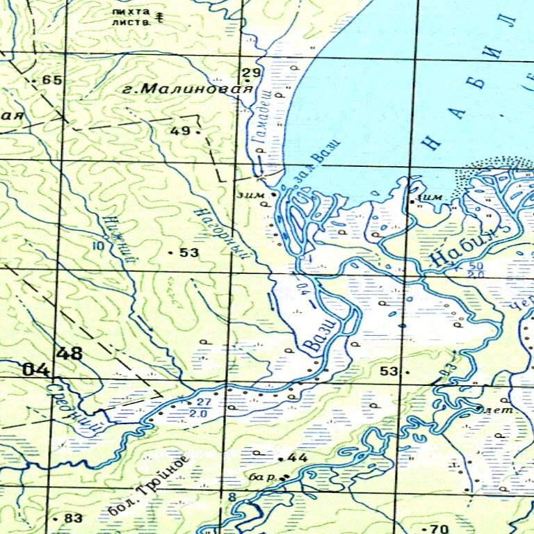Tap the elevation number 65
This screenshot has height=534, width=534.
coord(51,80)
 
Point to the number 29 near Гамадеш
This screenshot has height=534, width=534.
coord(250,73)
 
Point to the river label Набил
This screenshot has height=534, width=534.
coord(465,247)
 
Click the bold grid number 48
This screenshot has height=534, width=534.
coord(70,354)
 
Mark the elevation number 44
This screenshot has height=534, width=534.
coord(297,458)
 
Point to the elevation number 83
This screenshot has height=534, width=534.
coord(72,518)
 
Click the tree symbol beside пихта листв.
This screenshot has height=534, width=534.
coord(160,16)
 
